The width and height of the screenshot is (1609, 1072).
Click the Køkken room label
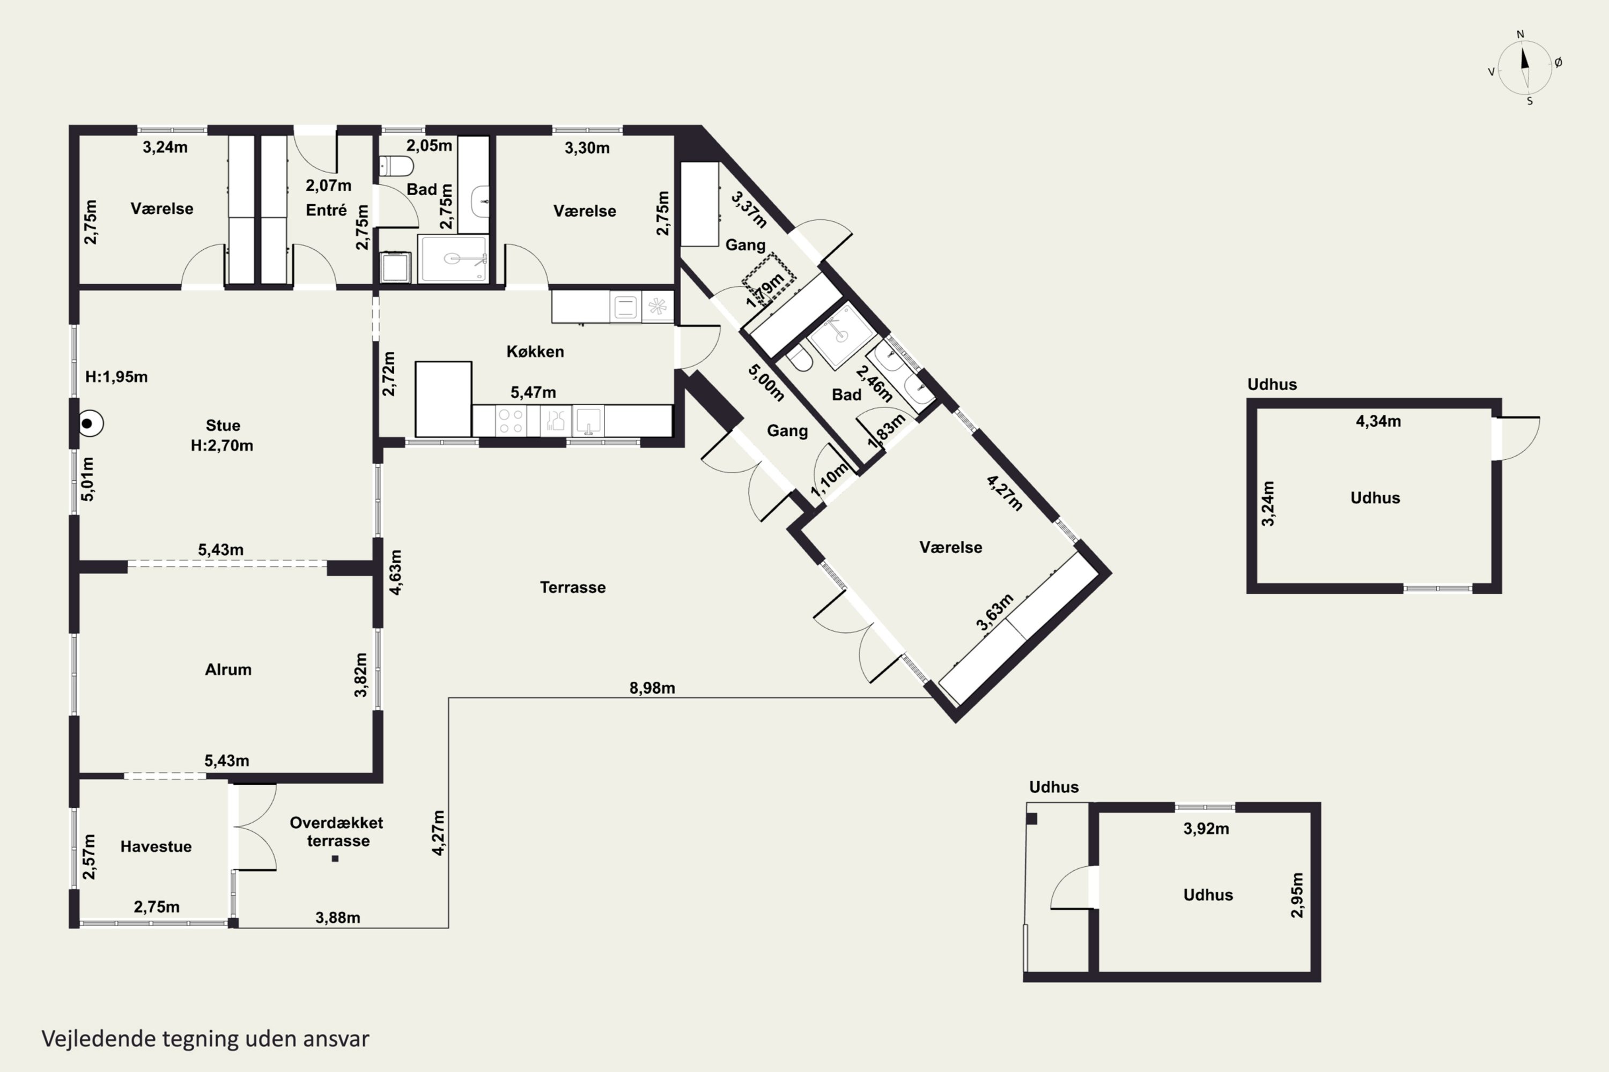click(x=535, y=352)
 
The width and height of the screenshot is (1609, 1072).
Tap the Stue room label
click(x=223, y=425)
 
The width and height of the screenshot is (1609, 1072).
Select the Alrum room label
click(x=228, y=669)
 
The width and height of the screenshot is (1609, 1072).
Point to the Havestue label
click(x=156, y=846)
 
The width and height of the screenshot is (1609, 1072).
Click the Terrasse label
click(x=573, y=587)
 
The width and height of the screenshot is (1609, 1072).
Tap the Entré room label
click(x=326, y=210)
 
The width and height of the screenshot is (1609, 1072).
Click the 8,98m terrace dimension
click(x=652, y=688)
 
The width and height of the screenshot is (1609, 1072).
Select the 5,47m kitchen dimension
click(x=533, y=392)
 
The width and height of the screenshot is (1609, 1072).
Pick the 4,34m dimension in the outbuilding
click(x=1378, y=421)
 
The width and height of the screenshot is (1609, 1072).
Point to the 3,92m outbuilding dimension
click(x=1206, y=829)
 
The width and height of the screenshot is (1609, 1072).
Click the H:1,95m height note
click(x=116, y=377)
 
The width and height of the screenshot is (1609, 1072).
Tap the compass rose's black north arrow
click(x=1524, y=58)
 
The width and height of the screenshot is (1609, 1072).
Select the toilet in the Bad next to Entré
click(x=396, y=166)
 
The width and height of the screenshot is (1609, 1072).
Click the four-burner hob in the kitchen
click(x=511, y=420)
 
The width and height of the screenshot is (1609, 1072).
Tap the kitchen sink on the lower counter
click(x=588, y=420)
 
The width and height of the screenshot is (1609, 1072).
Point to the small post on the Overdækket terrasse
click(x=335, y=859)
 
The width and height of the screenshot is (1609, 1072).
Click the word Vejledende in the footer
click(x=99, y=1039)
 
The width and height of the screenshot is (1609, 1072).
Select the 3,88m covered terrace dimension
click(x=338, y=918)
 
